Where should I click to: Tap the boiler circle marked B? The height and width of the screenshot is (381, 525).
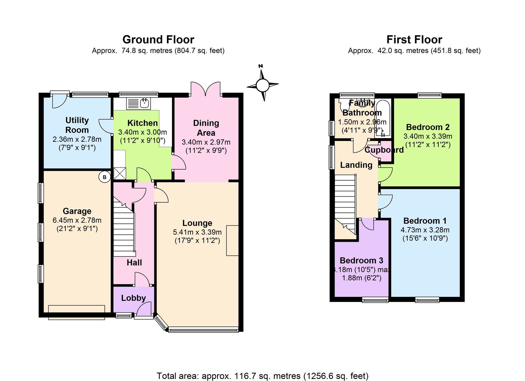click(x=104, y=177)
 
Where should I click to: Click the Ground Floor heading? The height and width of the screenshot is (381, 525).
click(x=158, y=40)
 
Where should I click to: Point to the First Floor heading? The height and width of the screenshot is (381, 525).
click(x=414, y=40)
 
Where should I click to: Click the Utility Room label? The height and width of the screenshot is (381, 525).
click(x=77, y=125)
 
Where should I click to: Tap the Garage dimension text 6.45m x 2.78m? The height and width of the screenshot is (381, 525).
click(x=77, y=220)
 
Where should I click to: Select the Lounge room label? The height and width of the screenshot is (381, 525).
click(x=197, y=223)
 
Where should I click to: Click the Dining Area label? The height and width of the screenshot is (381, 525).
click(x=206, y=128)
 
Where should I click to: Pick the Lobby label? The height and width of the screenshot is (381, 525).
click(x=133, y=298)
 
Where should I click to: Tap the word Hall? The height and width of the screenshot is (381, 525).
click(x=134, y=263)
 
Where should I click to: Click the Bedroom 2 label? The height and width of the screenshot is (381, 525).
click(x=428, y=127)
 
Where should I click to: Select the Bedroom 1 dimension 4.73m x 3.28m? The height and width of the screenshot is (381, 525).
click(x=425, y=230)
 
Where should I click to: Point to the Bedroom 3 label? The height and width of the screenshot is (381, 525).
click(x=361, y=260)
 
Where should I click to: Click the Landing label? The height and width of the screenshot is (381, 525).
click(x=356, y=165)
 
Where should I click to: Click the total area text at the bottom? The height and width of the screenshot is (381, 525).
click(x=262, y=376)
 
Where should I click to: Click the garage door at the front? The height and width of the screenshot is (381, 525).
click(x=76, y=312)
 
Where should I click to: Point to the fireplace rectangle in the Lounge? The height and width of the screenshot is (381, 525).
click(x=233, y=240)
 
